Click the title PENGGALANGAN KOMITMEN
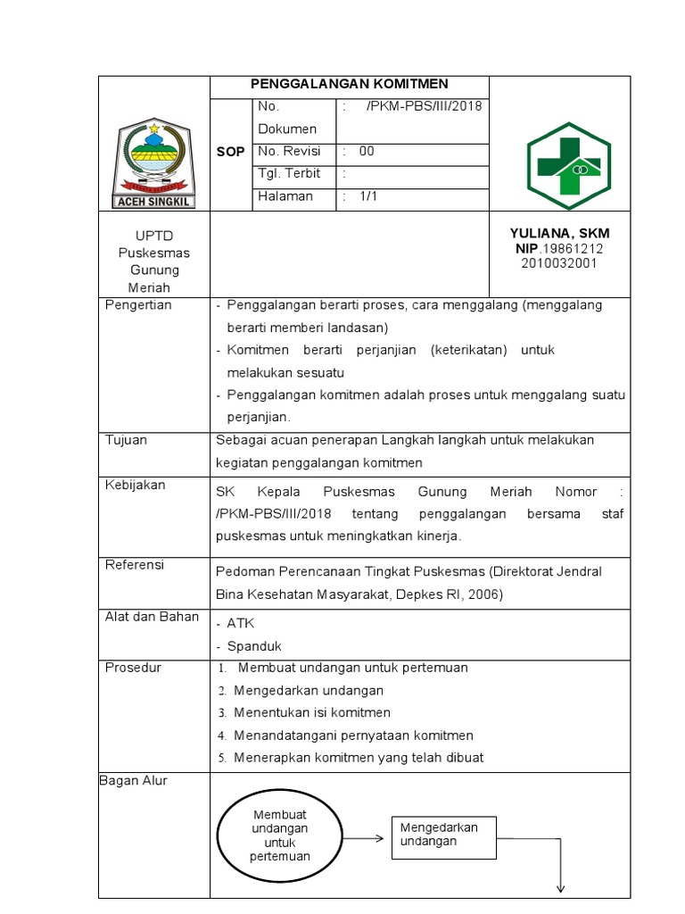tap(349, 84)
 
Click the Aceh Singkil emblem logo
tap(154, 159)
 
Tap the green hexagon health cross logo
tap(568, 166)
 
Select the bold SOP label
tap(230, 153)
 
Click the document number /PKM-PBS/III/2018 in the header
tap(423, 106)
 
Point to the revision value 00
tap(367, 151)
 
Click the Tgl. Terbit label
tap(289, 173)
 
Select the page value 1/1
tap(368, 196)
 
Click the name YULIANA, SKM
tap(559, 233)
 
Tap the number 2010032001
tap(560, 262)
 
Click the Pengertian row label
tap(138, 305)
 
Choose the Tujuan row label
tap(127, 440)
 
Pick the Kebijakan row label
tap(135, 485)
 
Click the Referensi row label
tap(135, 564)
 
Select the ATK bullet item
tap(240, 623)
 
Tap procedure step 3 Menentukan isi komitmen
tap(311, 712)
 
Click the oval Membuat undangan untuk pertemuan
tap(280, 836)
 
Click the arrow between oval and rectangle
tap(365, 839)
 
